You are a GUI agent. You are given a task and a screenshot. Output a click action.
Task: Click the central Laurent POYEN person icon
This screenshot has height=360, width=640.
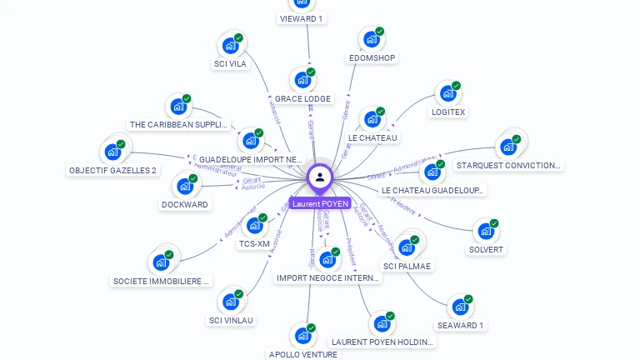(x=320, y=177)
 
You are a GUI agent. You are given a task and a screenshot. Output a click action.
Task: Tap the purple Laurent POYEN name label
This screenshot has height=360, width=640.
(x=320, y=203)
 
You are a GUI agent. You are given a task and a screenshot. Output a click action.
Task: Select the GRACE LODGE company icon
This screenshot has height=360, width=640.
(x=302, y=81)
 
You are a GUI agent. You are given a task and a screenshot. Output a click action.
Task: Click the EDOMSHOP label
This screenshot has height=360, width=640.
(x=372, y=58)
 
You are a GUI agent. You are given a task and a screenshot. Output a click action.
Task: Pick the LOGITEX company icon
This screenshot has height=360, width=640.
(x=447, y=94)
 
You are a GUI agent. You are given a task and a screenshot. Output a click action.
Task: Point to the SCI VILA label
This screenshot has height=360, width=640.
(x=230, y=63)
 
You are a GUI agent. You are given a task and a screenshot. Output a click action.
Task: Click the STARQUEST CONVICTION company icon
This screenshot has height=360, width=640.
(x=507, y=147)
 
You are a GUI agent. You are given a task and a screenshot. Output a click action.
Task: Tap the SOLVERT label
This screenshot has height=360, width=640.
(x=487, y=249)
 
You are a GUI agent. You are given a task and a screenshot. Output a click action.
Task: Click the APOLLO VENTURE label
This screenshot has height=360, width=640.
(x=303, y=354)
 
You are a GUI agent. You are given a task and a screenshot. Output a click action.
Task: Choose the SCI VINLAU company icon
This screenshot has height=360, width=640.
(x=230, y=302)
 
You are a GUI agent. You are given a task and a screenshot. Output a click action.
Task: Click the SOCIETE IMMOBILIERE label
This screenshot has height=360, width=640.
(x=162, y=281)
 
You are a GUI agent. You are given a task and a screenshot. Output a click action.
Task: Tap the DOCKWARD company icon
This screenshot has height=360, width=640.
(x=184, y=187)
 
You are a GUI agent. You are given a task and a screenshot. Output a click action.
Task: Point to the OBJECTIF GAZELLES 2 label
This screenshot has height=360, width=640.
(x=112, y=170)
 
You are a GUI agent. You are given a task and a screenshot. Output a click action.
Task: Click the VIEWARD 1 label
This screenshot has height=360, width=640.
(x=301, y=18)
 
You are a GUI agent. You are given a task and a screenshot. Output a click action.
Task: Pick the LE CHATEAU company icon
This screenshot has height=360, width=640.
(x=372, y=120)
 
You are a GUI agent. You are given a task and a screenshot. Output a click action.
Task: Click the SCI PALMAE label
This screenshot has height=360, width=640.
(x=407, y=266)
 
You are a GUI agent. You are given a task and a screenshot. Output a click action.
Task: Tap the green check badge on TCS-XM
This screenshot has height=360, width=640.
(x=262, y=217)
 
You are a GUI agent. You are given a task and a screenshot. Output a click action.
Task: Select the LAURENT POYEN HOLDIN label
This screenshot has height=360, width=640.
(x=382, y=342)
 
